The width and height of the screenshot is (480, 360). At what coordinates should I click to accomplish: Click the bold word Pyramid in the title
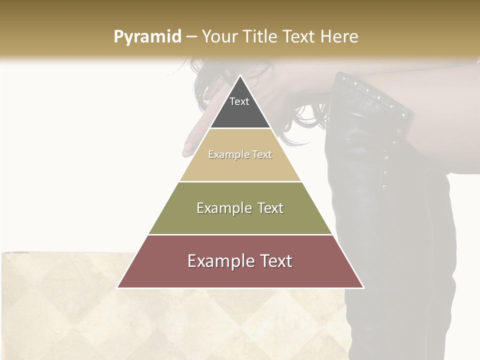coord(147,37)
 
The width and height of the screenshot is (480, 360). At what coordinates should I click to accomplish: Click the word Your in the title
coord(219,37)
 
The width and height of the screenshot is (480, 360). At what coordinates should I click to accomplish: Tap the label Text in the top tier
coord(239,101)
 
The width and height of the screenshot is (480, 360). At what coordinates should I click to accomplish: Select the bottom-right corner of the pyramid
coord(363,287)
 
